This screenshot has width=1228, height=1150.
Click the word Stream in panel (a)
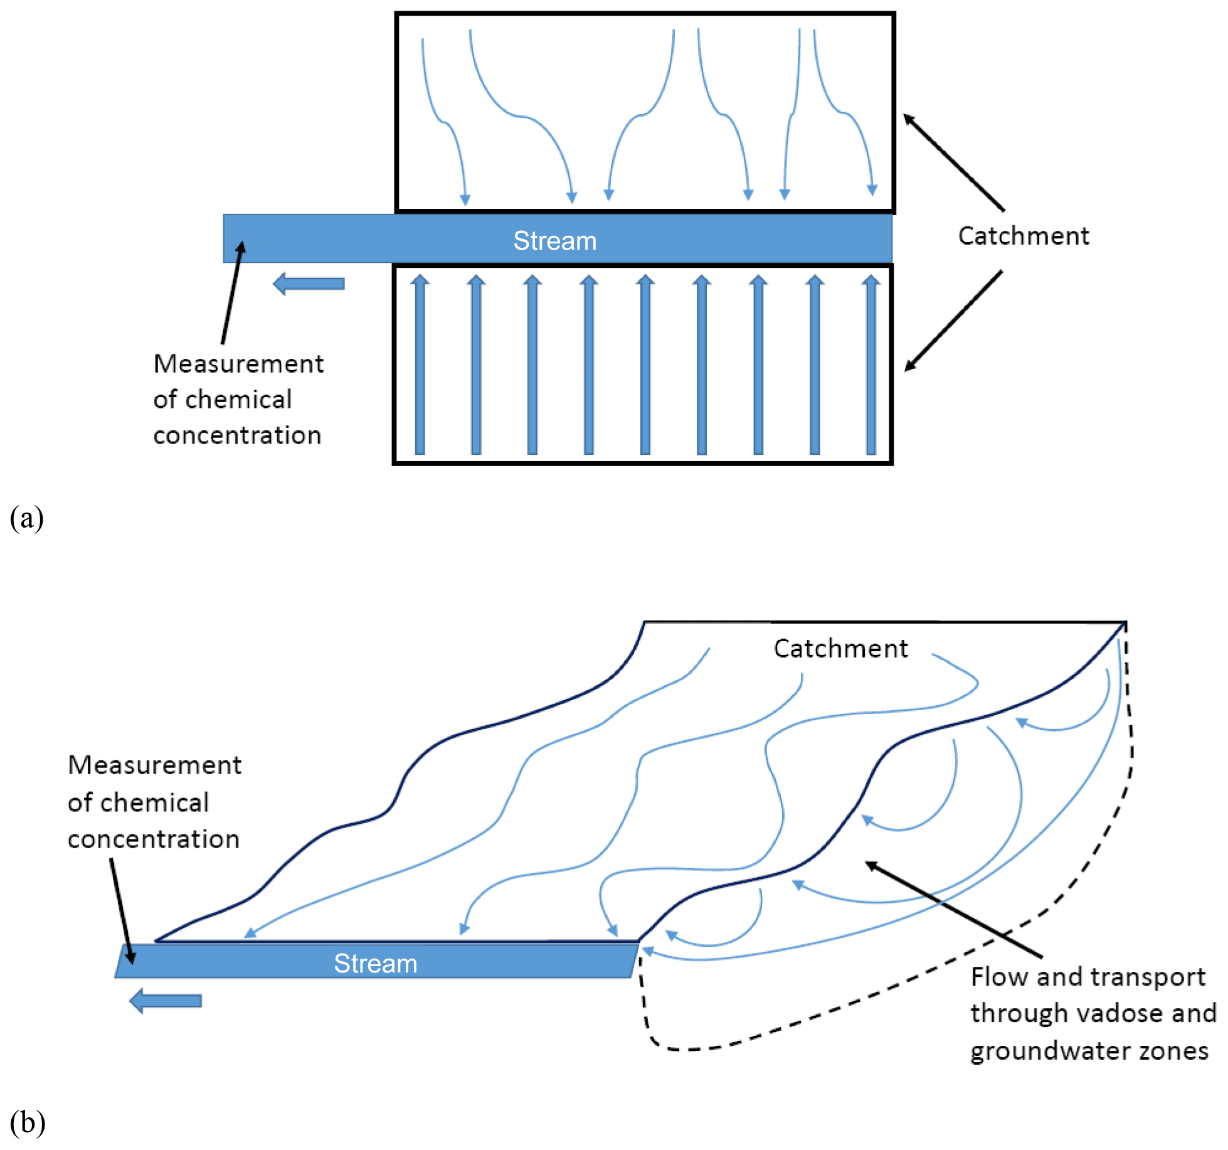[554, 241]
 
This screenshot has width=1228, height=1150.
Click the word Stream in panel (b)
[375, 963]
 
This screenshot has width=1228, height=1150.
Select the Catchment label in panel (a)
[1023, 236]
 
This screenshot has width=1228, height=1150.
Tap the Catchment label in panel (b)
[840, 648]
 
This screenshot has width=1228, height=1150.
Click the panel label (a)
[27, 518]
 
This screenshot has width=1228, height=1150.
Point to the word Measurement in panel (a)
[238, 364]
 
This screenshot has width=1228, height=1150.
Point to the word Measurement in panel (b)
[154, 765]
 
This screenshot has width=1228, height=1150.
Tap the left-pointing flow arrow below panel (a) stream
[309, 284]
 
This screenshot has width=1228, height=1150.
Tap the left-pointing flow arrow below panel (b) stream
[166, 1001]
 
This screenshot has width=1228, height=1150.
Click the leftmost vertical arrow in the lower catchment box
[420, 364]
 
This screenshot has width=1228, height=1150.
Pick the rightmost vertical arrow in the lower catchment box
[871, 364]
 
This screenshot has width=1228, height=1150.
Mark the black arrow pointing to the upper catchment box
[953, 162]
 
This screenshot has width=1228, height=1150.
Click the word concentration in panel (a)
[237, 435]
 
